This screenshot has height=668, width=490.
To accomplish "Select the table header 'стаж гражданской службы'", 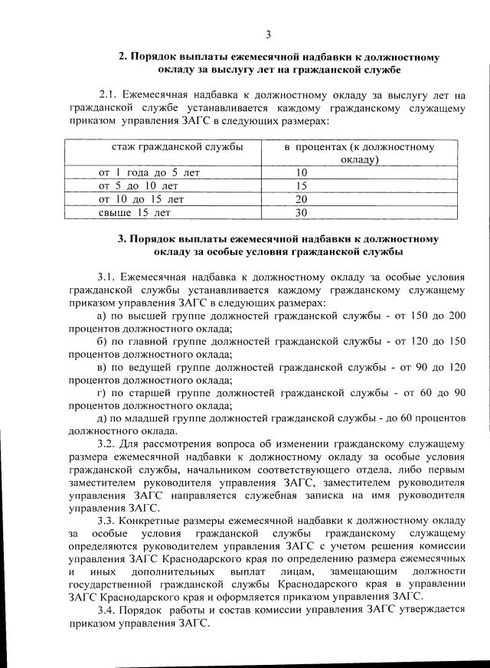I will pos(166,146).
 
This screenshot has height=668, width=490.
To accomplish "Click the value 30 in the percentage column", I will pos(301,212).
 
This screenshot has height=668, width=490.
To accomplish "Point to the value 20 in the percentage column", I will pos(301,199).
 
